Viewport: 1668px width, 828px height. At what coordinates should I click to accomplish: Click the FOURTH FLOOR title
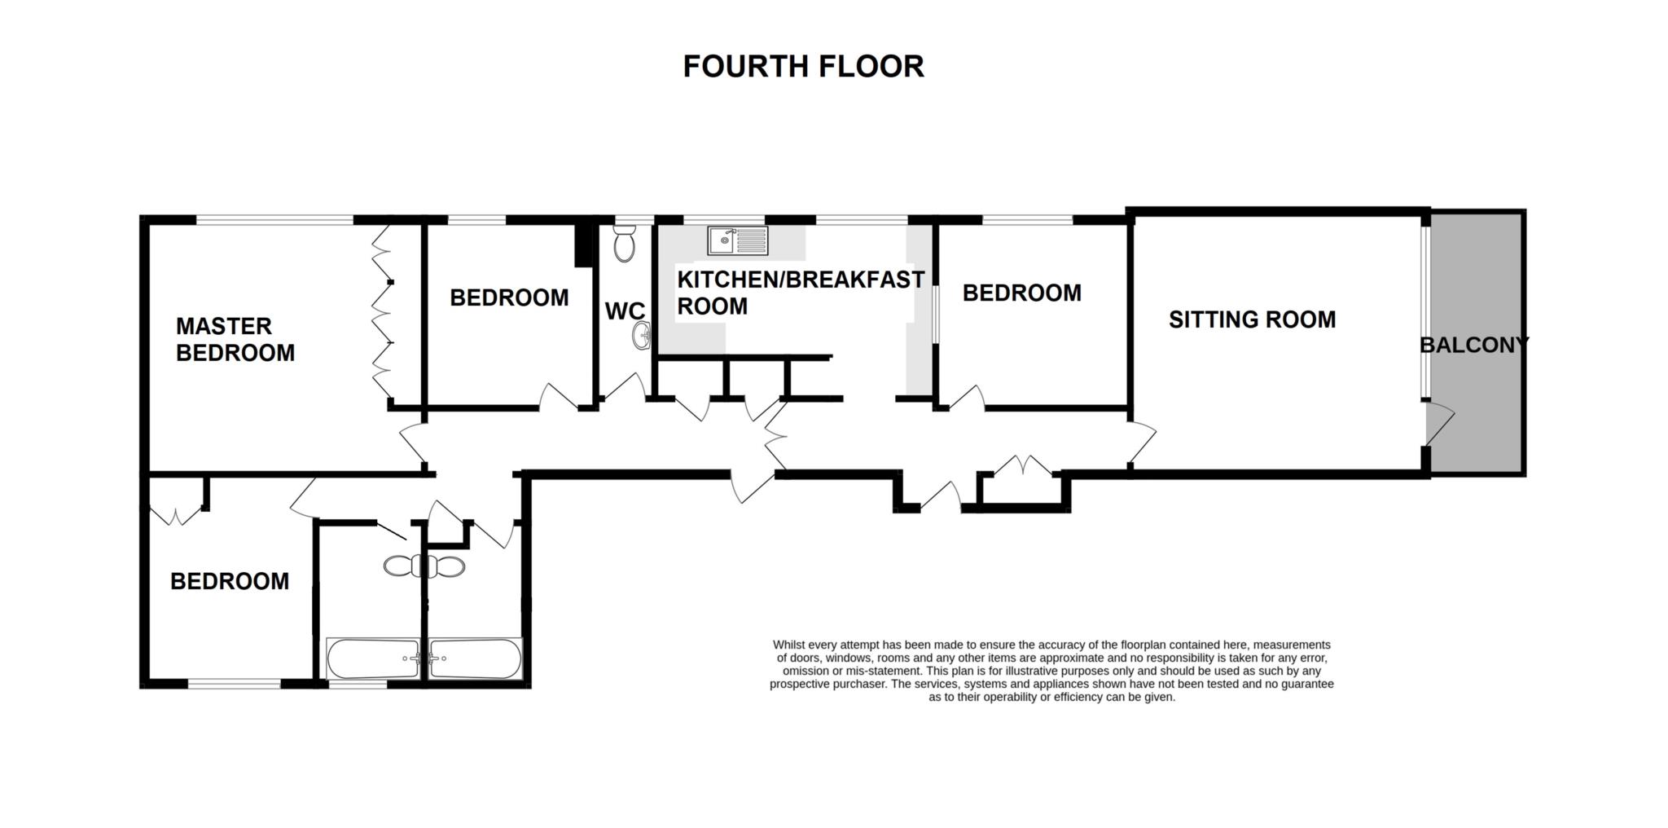tap(803, 67)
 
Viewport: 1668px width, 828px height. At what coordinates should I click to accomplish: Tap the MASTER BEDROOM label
tap(235, 339)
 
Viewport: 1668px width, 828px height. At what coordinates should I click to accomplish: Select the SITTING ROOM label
tap(1252, 319)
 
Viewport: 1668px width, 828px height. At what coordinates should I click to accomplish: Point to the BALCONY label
tap(1474, 345)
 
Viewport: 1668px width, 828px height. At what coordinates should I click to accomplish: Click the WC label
tap(625, 311)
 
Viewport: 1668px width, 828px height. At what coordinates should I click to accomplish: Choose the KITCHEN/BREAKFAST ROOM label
tap(801, 293)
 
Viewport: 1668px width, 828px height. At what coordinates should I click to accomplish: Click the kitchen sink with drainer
tap(738, 241)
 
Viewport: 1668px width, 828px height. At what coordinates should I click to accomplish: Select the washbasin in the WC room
tap(642, 334)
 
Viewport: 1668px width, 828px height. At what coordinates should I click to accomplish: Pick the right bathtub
tap(476, 658)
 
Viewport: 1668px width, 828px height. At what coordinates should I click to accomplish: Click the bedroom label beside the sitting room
tap(1022, 293)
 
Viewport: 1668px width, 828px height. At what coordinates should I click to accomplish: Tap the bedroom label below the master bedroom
tap(230, 581)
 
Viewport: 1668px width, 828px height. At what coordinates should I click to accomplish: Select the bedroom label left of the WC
tap(509, 297)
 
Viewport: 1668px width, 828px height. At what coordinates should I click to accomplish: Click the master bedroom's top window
tap(274, 220)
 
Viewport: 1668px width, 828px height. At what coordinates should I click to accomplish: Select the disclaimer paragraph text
tap(1051, 671)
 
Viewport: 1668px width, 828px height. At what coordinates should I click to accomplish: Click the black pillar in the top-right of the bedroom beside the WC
tap(583, 244)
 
